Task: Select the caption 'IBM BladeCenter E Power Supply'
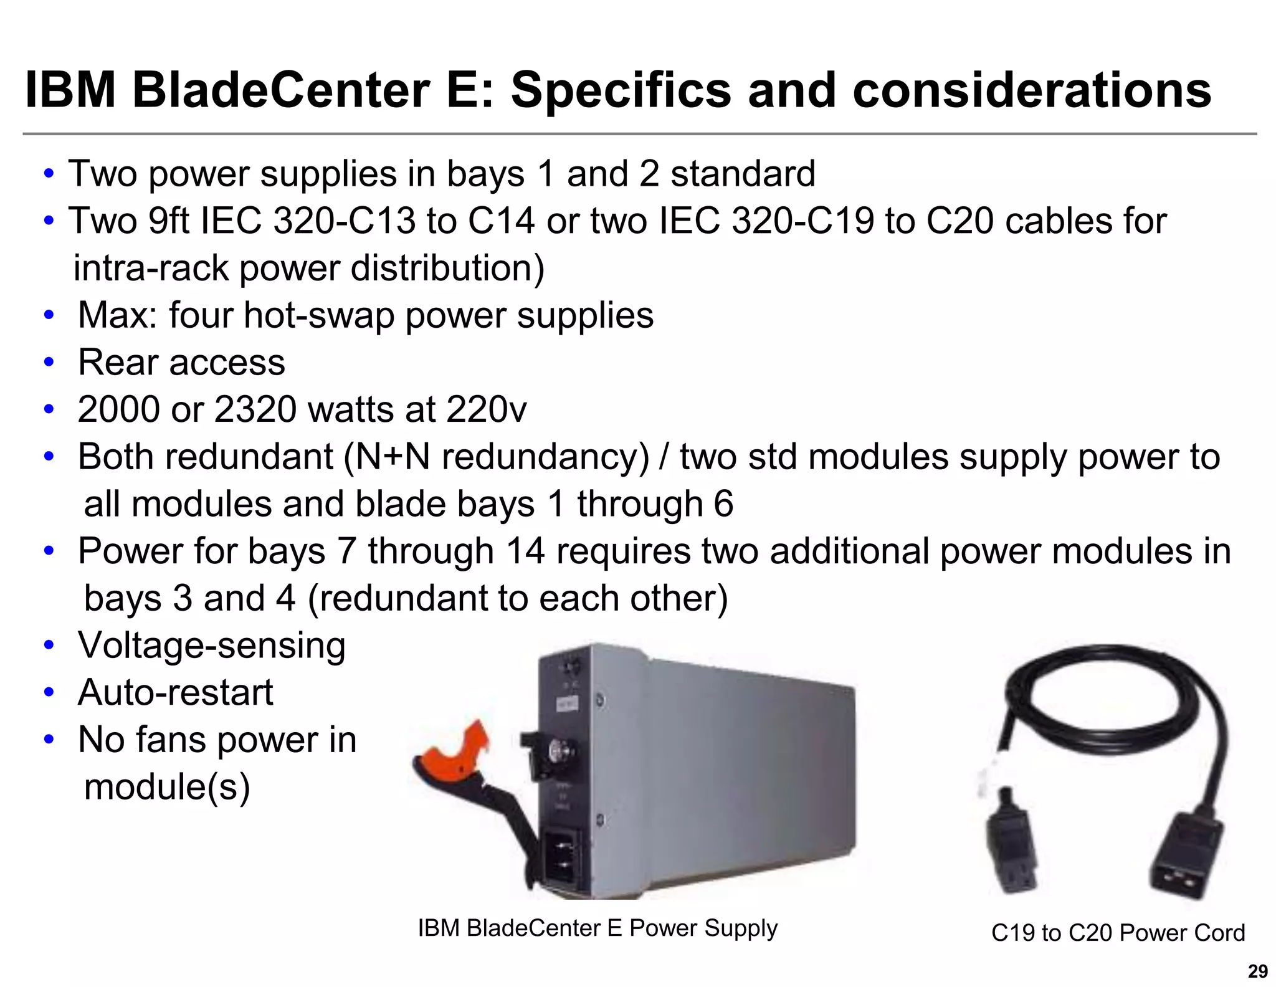(598, 928)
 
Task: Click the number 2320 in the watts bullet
(255, 410)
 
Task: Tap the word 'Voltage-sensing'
(211, 646)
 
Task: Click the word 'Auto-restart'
(175, 692)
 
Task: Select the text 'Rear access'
(181, 363)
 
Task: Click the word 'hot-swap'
(319, 315)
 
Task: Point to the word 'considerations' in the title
(1031, 90)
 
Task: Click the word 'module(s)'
(166, 787)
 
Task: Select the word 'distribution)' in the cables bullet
(447, 269)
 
